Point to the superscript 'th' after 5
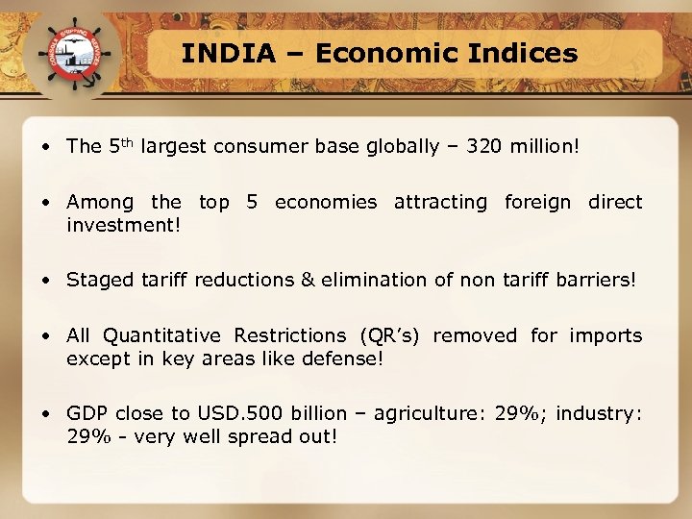(x=132, y=141)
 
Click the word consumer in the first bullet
(x=259, y=146)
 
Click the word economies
(x=326, y=202)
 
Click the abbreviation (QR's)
(x=390, y=335)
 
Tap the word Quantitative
(x=161, y=335)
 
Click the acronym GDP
(x=87, y=413)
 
